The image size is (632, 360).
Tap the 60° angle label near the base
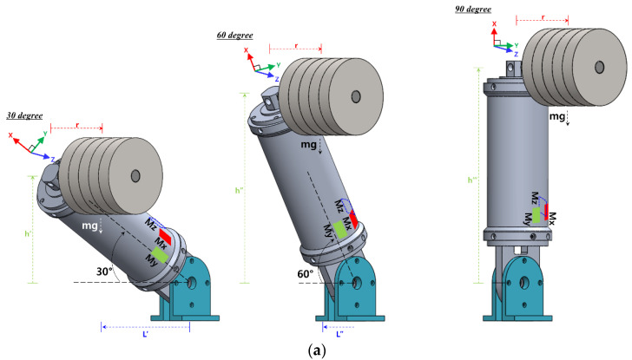coord(306,274)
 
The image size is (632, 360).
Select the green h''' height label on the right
coord(472,180)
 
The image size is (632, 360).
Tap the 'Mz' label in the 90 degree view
coord(537,199)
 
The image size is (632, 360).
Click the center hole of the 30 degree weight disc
coord(135,177)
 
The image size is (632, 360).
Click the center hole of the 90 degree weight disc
coord(600,67)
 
